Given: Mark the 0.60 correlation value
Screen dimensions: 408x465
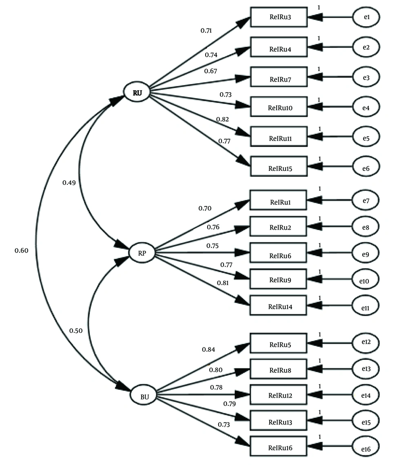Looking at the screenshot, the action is coord(21,250).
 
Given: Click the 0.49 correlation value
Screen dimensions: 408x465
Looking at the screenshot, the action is coord(69,183).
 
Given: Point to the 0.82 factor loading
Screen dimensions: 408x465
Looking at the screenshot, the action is coord(222,119).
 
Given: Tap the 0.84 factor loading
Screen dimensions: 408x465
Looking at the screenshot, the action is coord(208,349).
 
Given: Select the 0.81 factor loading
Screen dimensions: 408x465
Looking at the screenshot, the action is coord(222,283).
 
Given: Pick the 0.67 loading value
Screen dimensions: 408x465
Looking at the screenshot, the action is coord(211,71).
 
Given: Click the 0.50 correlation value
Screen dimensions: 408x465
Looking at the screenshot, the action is coord(75,331).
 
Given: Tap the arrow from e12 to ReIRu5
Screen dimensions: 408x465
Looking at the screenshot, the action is coord(330,343).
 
